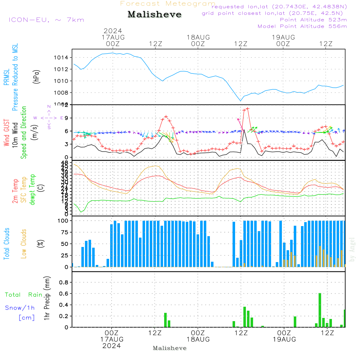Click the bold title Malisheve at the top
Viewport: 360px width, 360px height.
[154, 15]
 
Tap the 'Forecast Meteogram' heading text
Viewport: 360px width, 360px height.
[168, 4]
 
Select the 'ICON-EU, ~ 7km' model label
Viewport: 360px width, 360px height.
[46, 20]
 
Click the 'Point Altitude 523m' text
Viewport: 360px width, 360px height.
[313, 20]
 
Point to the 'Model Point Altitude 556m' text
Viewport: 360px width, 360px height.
[302, 26]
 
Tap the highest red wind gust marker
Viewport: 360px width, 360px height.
[248, 108]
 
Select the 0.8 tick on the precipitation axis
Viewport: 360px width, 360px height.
[63, 282]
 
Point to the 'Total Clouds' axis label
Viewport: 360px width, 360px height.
[6, 244]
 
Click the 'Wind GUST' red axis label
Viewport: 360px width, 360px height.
[6, 133]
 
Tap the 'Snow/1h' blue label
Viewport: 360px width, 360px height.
[20, 308]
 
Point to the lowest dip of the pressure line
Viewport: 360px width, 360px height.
[240, 101]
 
